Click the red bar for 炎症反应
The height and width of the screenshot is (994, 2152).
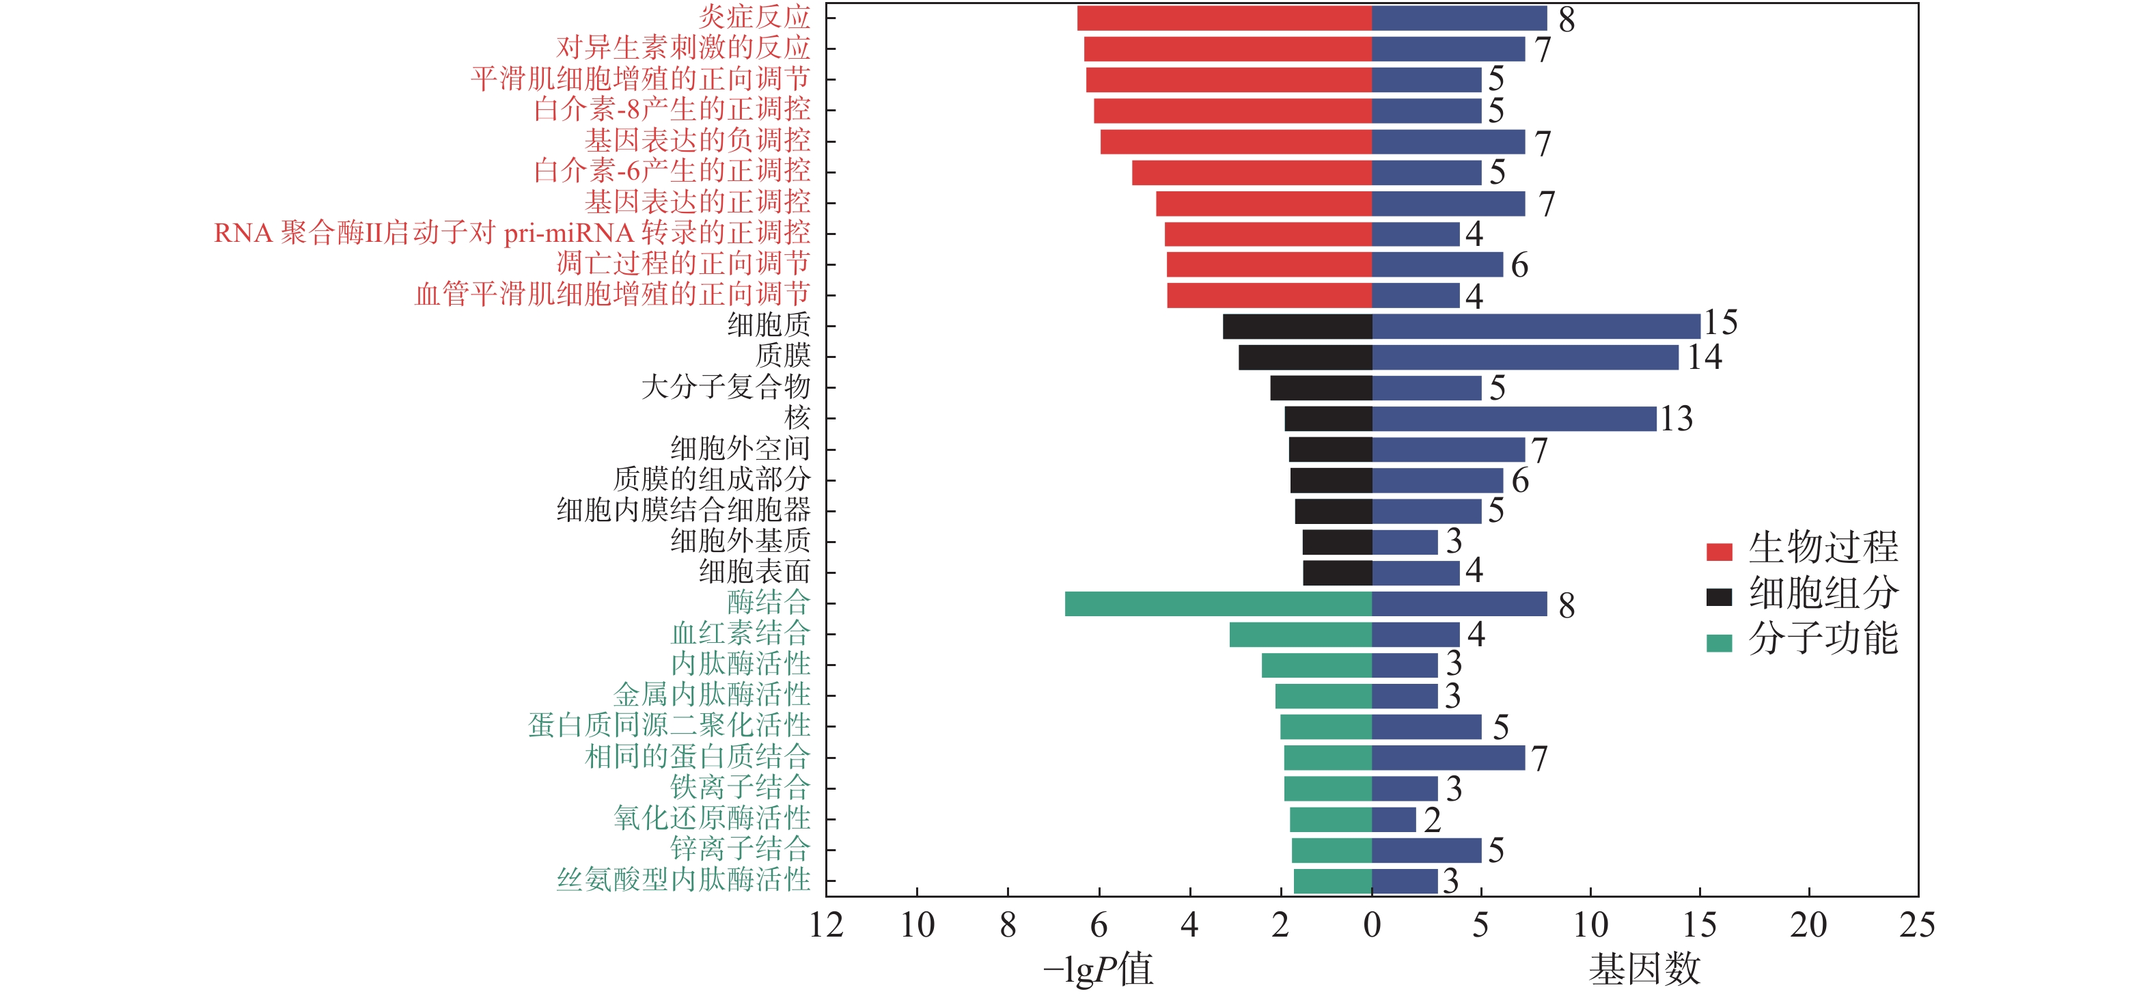[1224, 18]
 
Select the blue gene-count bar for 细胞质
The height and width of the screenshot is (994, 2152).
[1536, 327]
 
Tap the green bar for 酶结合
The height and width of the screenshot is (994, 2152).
[1218, 604]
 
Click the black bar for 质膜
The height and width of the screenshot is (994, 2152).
[1305, 357]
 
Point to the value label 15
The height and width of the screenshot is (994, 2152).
[1721, 322]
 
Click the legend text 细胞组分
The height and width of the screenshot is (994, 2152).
[1823, 593]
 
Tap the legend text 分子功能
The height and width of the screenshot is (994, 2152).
[1823, 639]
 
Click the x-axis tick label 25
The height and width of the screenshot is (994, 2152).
[1916, 926]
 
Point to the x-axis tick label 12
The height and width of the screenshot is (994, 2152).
[826, 926]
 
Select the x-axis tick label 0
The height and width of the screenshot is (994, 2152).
[1372, 926]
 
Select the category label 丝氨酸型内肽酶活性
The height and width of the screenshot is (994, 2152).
[683, 879]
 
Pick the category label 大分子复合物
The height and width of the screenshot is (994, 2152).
[725, 387]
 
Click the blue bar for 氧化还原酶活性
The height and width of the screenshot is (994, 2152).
[1394, 819]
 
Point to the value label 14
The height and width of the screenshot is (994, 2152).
[1705, 357]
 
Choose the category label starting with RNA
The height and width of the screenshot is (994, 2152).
[511, 233]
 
